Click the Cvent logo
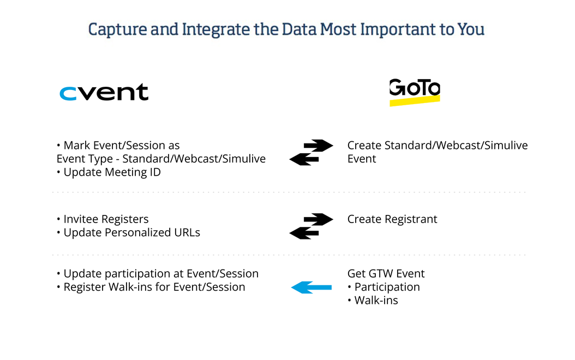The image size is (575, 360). click(104, 92)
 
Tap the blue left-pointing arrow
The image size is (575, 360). click(312, 287)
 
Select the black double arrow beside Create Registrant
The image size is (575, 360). click(311, 226)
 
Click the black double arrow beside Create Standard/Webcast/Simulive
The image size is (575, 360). click(311, 152)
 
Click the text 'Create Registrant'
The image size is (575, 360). click(392, 219)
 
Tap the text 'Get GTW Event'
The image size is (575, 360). click(386, 274)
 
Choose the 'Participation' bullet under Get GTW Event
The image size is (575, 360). click(387, 287)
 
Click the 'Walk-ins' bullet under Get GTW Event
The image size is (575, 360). click(376, 300)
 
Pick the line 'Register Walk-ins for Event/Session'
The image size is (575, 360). click(154, 287)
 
